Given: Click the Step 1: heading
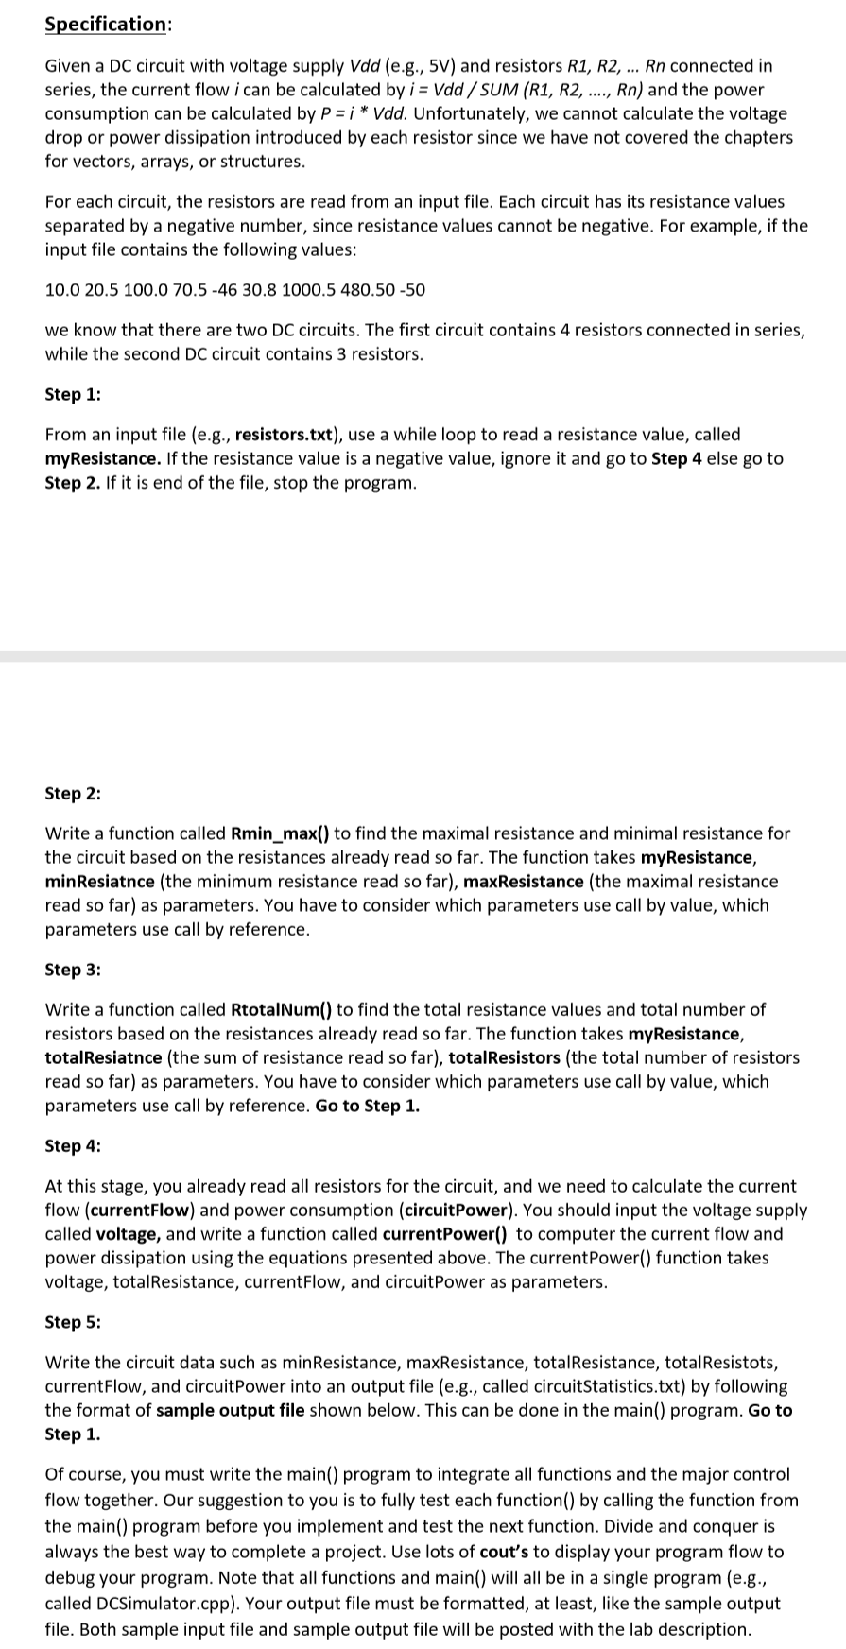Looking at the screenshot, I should [73, 394].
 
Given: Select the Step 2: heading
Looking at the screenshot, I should [73, 793].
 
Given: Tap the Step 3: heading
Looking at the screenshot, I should [73, 970].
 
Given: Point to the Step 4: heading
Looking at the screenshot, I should [73, 1145].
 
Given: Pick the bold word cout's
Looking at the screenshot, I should [509, 1552].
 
